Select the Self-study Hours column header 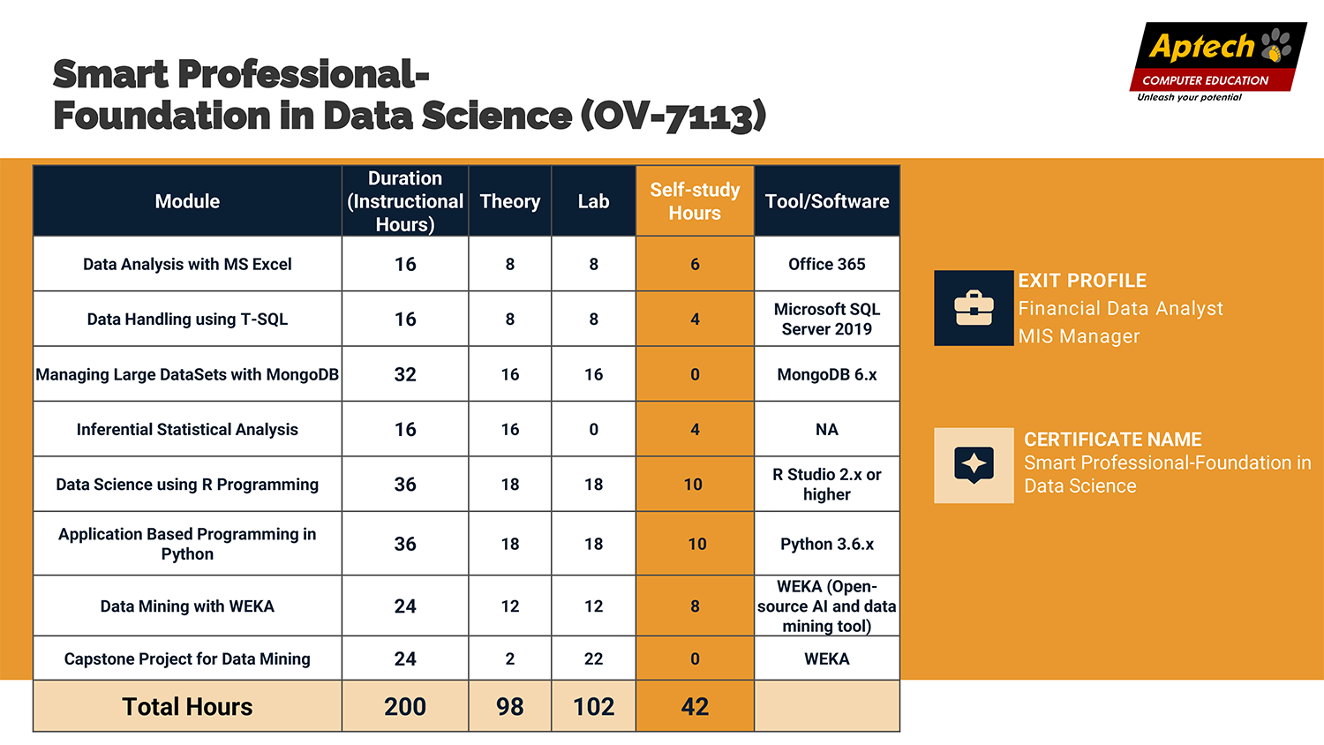pyautogui.click(x=695, y=201)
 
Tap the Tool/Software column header pyautogui.click(x=827, y=201)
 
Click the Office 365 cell pyautogui.click(x=827, y=264)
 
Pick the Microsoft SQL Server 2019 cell pyautogui.click(x=827, y=319)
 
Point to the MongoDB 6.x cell pyautogui.click(x=827, y=374)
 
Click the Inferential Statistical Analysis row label pyautogui.click(x=187, y=429)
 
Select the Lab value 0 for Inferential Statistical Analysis pyautogui.click(x=593, y=429)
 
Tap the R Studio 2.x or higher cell pyautogui.click(x=827, y=484)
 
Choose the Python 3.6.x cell pyautogui.click(x=827, y=544)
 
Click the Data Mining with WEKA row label pyautogui.click(x=187, y=606)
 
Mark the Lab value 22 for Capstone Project pyautogui.click(x=593, y=658)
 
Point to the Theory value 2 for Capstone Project pyautogui.click(x=510, y=658)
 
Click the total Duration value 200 pyautogui.click(x=405, y=706)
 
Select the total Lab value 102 pyautogui.click(x=593, y=706)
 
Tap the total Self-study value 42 pyautogui.click(x=695, y=706)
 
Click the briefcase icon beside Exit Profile pyautogui.click(x=974, y=308)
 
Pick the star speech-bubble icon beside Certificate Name pyautogui.click(x=974, y=465)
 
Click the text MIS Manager pyautogui.click(x=1079, y=336)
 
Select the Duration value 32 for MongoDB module pyautogui.click(x=405, y=374)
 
